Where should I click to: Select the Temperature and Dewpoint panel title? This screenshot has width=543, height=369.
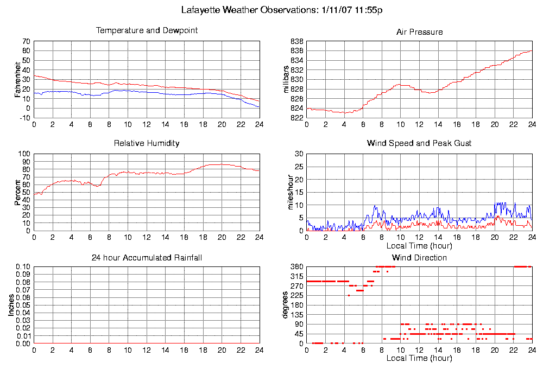pos(147,30)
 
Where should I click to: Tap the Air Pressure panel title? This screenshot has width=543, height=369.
pos(419,32)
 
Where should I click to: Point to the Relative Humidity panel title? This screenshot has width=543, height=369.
pos(147,143)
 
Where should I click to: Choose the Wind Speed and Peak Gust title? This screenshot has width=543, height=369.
pos(419,143)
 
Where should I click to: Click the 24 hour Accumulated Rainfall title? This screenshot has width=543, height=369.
pos(147,257)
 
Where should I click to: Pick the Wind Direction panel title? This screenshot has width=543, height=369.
pos(419,257)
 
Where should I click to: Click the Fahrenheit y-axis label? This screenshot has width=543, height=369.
pos(17,79)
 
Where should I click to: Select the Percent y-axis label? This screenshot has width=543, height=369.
pos(17,192)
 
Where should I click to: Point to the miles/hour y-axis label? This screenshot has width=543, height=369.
pos(286,192)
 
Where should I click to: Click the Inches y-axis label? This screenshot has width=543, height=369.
pos(11,305)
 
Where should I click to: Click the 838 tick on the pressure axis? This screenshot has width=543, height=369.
pos(296,41)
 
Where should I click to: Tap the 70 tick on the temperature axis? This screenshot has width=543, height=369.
pos(26,41)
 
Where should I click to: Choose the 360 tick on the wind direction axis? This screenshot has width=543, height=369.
pos(296,267)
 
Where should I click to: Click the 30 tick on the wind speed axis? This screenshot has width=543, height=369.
pos(298,154)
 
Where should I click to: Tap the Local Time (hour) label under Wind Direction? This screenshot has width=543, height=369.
pos(419,358)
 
